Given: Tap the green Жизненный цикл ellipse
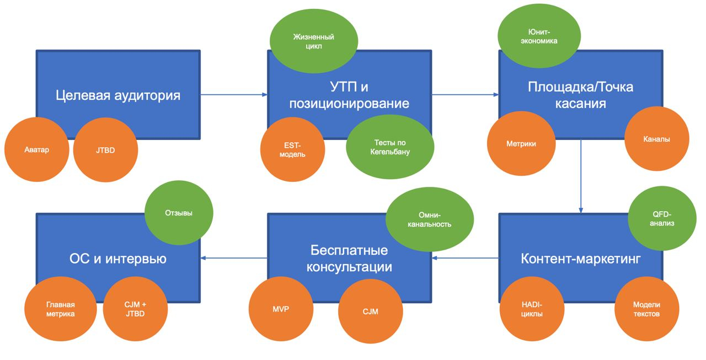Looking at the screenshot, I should coord(313,41).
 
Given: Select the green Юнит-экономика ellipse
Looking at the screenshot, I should coord(539,36).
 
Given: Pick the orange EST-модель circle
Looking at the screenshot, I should coord(292,149).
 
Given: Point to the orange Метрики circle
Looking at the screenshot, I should coord(521,144).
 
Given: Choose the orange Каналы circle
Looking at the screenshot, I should coord(656,139).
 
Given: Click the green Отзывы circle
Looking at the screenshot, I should coord(179,213).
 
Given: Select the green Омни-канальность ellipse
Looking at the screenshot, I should coord(430,219).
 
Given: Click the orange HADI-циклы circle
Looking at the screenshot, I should coord(532,310).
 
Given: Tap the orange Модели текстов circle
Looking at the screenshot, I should coord(646,309).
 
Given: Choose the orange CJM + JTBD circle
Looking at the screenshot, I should coord(135,309).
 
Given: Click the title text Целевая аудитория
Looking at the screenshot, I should coord(118,95).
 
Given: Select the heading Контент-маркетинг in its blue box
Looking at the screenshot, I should coord(580,259).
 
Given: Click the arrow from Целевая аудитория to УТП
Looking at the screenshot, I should coord(233,94).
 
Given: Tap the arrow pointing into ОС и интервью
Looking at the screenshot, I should coord(233,257).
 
